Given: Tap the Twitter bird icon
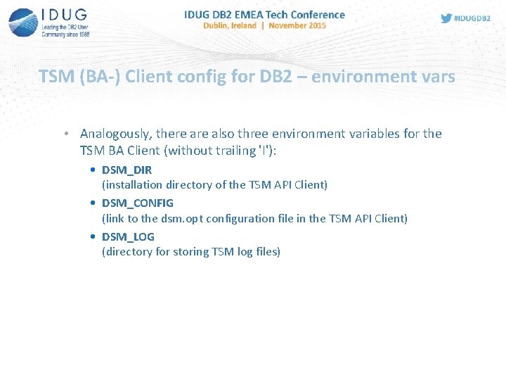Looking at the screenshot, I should point(446,18).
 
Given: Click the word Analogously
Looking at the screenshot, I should point(117,134).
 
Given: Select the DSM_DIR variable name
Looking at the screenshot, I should point(126,170).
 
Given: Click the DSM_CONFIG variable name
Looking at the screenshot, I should point(138,203).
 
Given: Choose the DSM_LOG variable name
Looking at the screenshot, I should point(128,236).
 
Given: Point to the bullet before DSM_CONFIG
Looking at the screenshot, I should point(94,203).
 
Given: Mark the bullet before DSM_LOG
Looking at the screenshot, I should point(94,236).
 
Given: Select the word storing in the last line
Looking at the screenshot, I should point(191,251).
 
